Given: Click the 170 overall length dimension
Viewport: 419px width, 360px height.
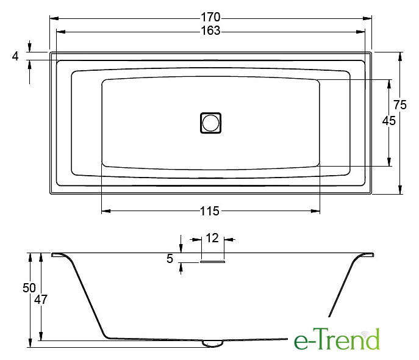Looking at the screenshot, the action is click(210, 17).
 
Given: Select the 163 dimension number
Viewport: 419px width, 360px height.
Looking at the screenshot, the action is click(210, 31).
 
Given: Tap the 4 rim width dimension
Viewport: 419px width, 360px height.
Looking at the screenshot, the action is click(15, 56).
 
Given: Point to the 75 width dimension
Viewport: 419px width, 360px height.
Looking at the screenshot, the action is click(400, 104).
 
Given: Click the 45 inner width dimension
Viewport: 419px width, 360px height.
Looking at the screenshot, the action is click(389, 121).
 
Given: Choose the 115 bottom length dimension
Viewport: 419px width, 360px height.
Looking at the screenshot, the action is click(210, 211).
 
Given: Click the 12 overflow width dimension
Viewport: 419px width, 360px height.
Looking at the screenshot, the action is click(212, 237).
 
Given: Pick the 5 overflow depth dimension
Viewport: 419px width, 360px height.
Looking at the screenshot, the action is click(170, 259).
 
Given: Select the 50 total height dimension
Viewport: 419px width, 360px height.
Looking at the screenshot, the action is click(29, 288).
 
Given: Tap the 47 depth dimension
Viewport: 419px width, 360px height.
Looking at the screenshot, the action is click(41, 300).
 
